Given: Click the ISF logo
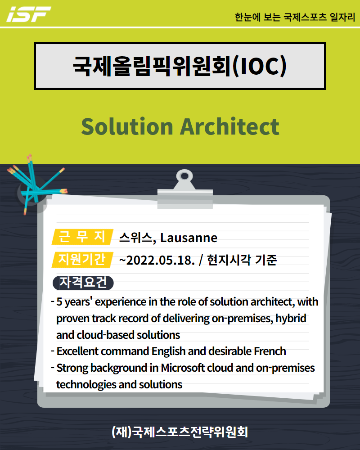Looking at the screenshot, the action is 29,14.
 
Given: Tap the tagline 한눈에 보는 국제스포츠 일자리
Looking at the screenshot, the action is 295,17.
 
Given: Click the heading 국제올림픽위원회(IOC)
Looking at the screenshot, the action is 180,66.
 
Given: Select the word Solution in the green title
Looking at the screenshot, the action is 127,126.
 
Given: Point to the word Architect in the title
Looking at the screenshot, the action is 229,126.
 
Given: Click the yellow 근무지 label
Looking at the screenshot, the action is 82,237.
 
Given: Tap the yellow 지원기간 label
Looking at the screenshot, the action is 82,260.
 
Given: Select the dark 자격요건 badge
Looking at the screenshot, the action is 83,283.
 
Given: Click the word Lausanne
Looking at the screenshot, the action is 189,238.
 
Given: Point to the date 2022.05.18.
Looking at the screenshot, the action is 161,260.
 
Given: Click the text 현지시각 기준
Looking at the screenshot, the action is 242,260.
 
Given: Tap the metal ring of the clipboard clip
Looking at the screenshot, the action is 184,176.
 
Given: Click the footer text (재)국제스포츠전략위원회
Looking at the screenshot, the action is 180,432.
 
